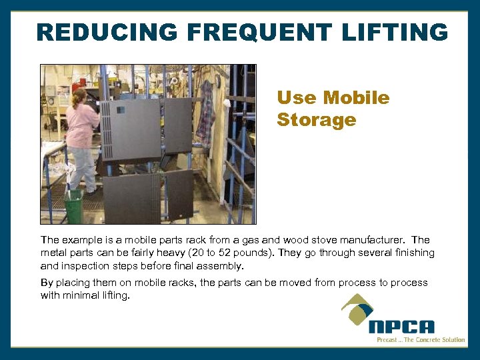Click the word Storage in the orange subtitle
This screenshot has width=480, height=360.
316,120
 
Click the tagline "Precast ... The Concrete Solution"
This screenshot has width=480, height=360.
421,340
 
